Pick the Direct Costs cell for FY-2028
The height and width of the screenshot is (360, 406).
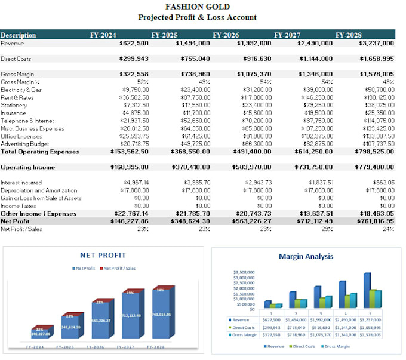pos(376,59)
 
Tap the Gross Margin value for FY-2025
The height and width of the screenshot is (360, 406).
pos(192,74)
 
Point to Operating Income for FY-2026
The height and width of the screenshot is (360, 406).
pos(253,167)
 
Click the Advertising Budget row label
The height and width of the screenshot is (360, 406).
pos(24,144)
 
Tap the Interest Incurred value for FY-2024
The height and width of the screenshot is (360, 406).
pos(136,183)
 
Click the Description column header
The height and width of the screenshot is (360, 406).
pos(19,35)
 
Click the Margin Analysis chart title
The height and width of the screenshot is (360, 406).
pos(306,257)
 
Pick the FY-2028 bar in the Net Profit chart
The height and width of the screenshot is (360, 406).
pos(161,316)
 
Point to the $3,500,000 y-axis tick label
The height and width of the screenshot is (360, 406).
pos(244,273)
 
